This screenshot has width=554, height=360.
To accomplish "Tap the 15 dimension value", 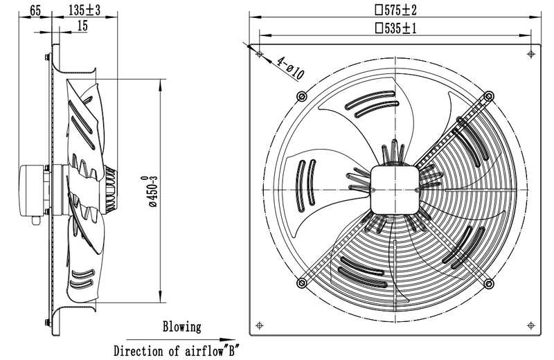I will click(83, 26).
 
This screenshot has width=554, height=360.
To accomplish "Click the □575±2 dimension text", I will click(395, 10).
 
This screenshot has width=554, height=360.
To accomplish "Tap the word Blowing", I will click(182, 326).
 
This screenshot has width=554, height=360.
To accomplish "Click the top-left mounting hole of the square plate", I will click(258, 53).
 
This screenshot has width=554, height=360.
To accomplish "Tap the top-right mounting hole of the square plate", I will click(531, 53).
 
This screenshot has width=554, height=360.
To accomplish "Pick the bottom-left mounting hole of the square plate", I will click(258, 323).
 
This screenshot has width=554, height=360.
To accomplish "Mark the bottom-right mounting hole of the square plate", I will click(531, 323).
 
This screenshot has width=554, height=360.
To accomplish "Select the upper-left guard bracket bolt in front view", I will click(300, 95).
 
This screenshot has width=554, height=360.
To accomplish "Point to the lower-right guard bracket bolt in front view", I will click(489, 282).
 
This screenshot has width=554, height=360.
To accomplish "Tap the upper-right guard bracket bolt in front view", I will click(489, 95).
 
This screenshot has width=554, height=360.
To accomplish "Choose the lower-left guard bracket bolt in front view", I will click(300, 282).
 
